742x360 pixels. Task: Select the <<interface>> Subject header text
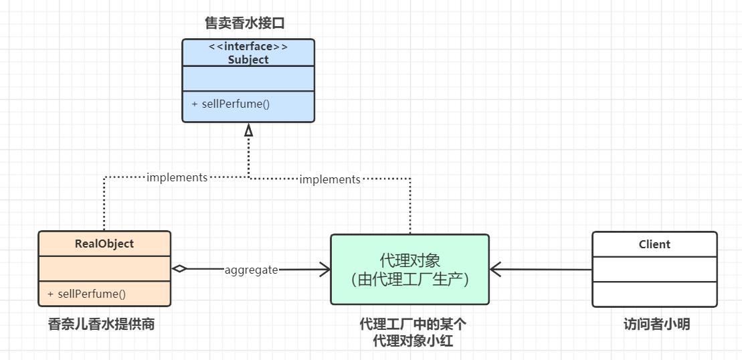(248, 53)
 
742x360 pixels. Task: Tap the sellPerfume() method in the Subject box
(230, 104)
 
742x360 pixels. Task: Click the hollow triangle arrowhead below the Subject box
(249, 130)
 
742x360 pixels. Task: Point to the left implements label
(177, 177)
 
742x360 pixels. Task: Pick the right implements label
(329, 179)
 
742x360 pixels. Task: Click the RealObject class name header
(104, 244)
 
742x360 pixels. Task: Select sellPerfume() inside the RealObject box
(86, 294)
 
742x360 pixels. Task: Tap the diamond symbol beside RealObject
(179, 269)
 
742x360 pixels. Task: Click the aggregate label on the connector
(251, 270)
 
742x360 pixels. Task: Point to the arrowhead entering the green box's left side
(324, 270)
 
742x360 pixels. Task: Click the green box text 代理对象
(409, 260)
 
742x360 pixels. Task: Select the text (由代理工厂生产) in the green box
(409, 278)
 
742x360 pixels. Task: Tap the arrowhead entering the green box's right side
(496, 270)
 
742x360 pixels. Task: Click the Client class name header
(654, 244)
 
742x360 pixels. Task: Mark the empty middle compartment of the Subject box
(248, 78)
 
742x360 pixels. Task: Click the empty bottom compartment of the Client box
(654, 294)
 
